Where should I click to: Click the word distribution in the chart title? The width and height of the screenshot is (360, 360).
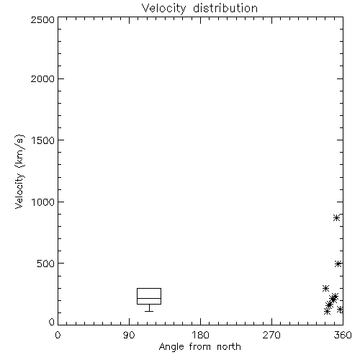tap(225, 8)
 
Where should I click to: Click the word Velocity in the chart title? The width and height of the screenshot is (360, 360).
tap(164, 9)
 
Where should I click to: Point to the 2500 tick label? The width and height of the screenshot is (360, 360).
tap(42, 19)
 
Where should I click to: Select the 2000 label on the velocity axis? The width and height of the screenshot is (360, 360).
tap(42, 78)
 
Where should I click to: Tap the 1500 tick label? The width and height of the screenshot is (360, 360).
tap(43, 140)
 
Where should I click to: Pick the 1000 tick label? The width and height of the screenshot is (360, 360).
tap(43, 202)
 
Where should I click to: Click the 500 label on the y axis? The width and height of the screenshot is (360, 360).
tap(46, 264)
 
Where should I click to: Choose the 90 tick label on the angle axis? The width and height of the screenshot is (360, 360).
tap(129, 335)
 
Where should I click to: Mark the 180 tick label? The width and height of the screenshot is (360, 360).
tap(200, 335)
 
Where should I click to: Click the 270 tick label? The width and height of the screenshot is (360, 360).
tap(271, 335)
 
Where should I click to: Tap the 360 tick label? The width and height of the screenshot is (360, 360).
tap(343, 335)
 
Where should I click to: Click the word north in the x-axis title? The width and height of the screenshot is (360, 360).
tap(229, 346)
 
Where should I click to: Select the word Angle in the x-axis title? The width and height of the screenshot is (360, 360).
tap(171, 347)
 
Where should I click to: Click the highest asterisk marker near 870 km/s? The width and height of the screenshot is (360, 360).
tap(336, 218)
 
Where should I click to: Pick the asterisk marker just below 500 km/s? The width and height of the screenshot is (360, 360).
tap(338, 264)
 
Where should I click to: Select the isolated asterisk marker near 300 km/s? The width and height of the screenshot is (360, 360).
tap(325, 288)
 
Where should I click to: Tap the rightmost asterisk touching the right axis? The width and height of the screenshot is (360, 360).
tap(340, 310)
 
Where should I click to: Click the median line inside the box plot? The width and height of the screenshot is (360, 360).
tap(149, 298)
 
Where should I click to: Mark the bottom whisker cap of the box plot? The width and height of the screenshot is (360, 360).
tap(149, 311)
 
